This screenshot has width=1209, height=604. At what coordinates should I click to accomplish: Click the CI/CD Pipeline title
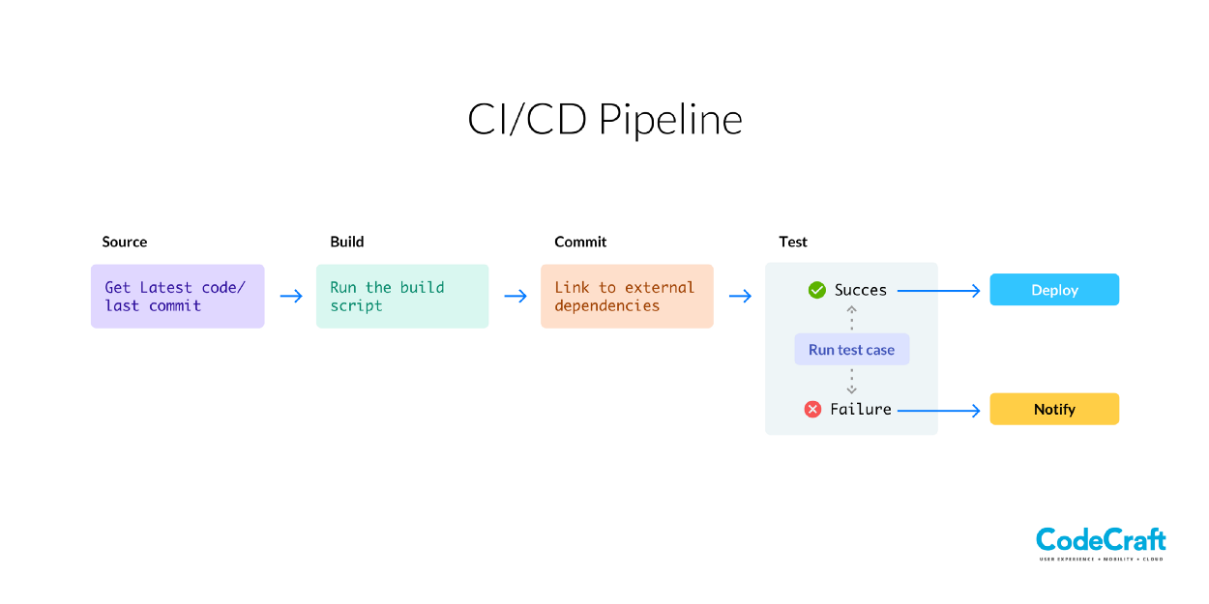pos(604,120)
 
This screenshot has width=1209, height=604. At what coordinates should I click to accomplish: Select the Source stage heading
pos(125,242)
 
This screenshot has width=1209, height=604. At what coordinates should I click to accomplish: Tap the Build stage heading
pos(347,242)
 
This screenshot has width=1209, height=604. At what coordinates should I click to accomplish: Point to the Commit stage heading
pos(580,242)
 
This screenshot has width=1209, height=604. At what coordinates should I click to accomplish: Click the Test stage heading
pos(793,242)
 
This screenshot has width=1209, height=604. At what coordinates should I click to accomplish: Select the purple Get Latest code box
pos(177,296)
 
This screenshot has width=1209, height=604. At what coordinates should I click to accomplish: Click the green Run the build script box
pos(402,296)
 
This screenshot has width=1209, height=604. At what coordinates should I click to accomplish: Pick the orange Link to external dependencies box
pos(627,296)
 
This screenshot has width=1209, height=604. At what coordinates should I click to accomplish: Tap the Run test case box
pos(851,350)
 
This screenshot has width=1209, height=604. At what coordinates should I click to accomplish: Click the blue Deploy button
pos(1054,290)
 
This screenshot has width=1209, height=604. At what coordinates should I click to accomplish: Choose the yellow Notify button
pos(1054,409)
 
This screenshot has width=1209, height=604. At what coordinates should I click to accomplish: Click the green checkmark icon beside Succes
pos(816,290)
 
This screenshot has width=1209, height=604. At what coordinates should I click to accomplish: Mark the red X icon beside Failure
pos(812,410)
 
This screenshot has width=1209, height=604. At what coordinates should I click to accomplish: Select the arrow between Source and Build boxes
pos(291,296)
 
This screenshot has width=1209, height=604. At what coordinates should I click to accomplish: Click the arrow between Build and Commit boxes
pos(516,296)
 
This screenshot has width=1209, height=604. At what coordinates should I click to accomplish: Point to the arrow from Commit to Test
pos(740,296)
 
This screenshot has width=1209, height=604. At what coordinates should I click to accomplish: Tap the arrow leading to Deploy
pos(938,290)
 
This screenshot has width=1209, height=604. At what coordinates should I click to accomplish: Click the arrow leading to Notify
pos(938,410)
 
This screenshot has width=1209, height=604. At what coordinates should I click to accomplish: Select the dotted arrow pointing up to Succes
pos(851,318)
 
